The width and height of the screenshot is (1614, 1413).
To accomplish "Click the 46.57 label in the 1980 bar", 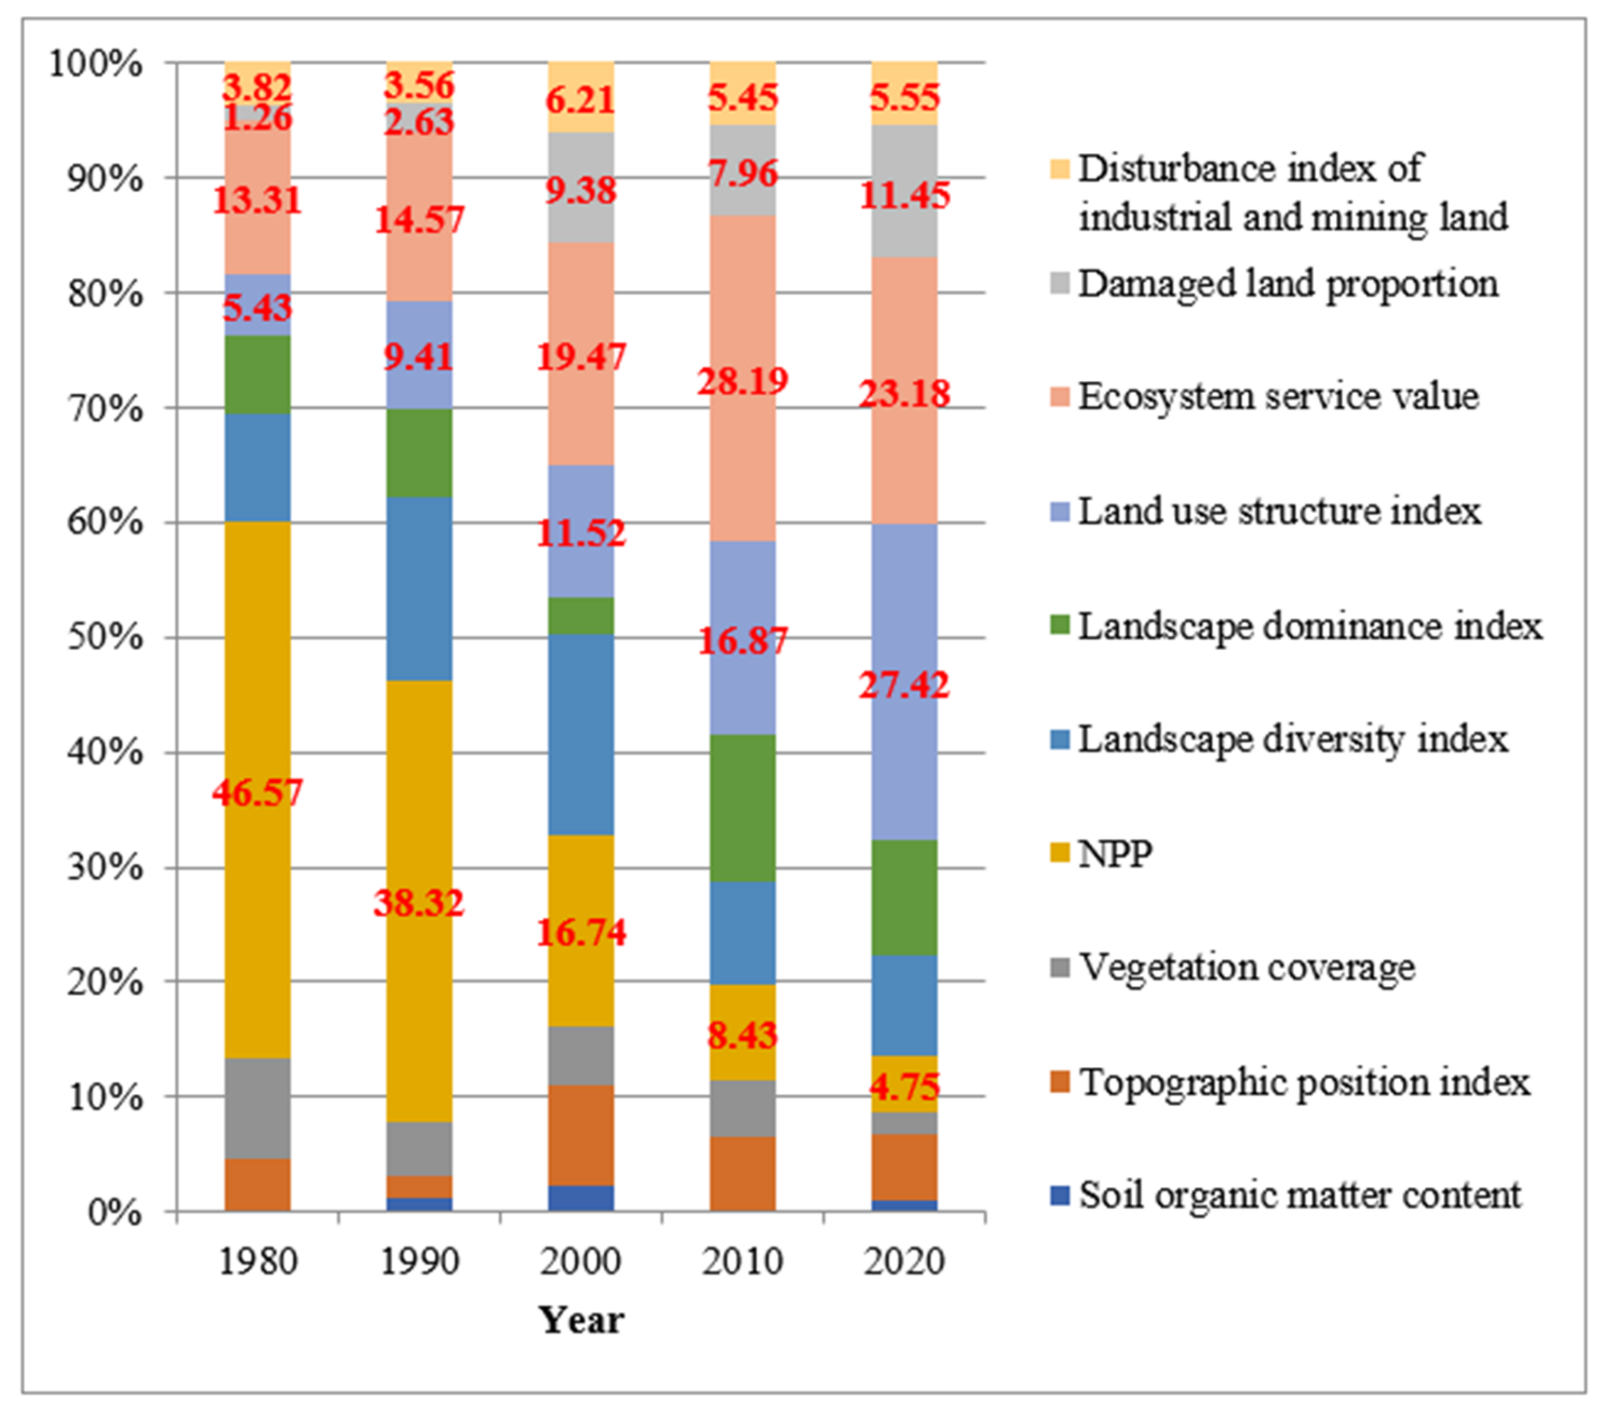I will pos(257,792).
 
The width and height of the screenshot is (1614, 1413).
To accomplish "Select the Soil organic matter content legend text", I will pos(1299,1195).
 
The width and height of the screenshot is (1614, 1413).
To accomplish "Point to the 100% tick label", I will pos(97,64).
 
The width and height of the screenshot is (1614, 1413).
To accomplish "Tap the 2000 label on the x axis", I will pos(580,1262).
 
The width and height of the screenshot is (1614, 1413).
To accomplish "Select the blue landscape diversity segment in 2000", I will pos(580,735).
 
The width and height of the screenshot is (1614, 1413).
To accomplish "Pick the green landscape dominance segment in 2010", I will pos(742,808).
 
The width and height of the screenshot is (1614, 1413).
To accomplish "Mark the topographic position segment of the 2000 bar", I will pos(580,1135).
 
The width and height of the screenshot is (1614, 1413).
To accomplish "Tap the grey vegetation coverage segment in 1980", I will pos(257,1108).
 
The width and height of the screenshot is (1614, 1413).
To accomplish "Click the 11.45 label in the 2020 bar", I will pos(904,196).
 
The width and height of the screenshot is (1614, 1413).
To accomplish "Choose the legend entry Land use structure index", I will pos(1279,512).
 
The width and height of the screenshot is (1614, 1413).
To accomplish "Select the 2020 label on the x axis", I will pos(904,1262).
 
